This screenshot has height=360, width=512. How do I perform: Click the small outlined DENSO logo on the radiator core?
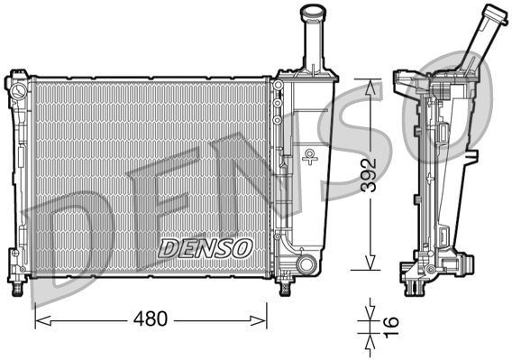coord(206,245)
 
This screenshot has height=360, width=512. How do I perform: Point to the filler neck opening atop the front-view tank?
coord(313,10)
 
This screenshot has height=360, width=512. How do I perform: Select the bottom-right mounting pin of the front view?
coord(287,287)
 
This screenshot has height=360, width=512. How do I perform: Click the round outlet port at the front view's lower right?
coord(307,264)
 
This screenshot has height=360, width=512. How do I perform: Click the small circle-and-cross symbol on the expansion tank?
coord(310,157)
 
